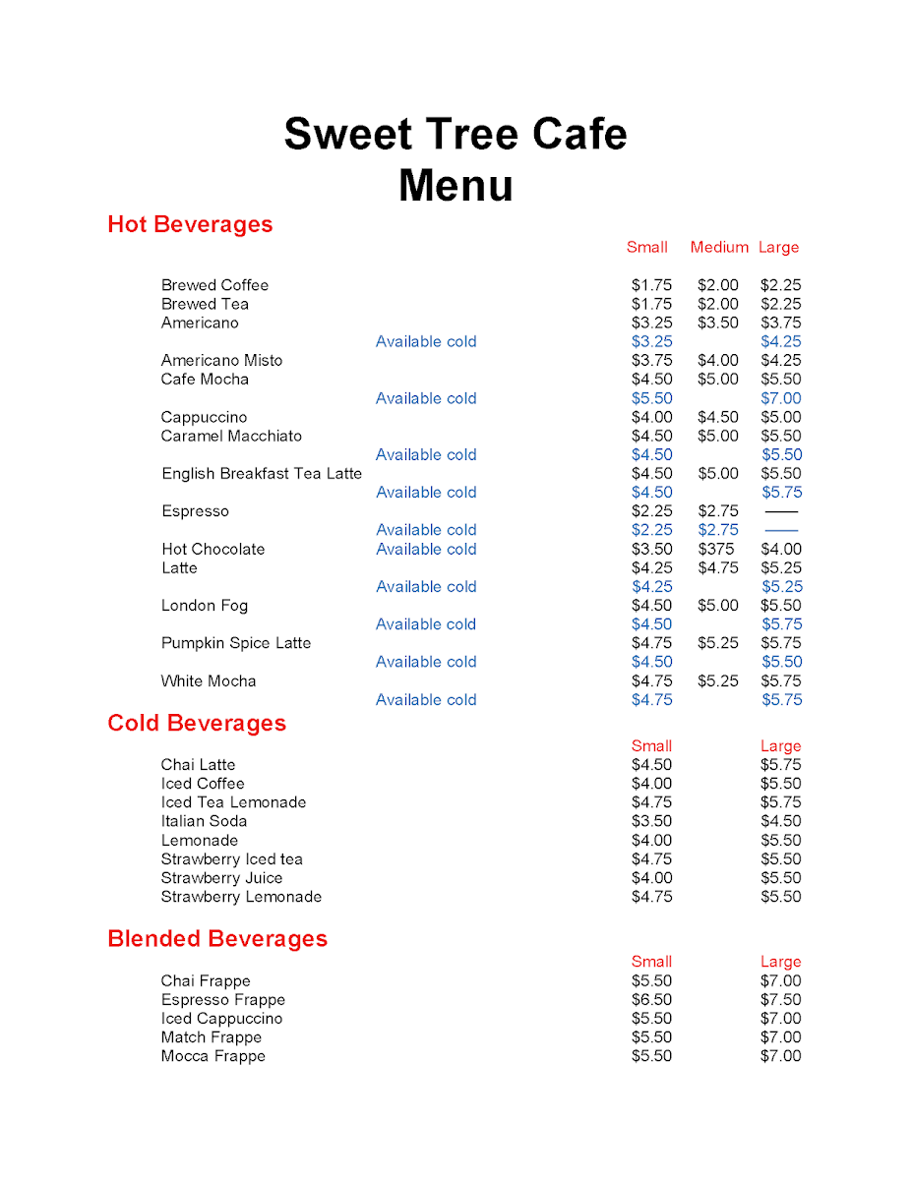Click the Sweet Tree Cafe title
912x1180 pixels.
coord(455,134)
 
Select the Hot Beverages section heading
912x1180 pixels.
coord(190,224)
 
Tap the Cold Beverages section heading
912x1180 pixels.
coord(197,723)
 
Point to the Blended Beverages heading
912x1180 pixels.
coord(217,938)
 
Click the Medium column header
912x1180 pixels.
coord(719,247)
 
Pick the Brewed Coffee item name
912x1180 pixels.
coord(214,285)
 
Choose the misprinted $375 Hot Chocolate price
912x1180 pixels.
coord(716,549)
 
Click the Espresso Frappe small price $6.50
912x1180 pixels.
coord(651,999)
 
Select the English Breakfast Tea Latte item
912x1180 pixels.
coord(262,473)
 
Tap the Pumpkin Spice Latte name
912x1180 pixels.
coord(236,643)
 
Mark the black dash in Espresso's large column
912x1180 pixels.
coord(781,511)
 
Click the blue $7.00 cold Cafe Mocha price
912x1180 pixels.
coord(781,398)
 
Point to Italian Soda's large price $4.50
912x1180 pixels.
coord(781,821)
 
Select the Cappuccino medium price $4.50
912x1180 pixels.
coord(717,417)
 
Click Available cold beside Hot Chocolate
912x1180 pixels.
coord(426,549)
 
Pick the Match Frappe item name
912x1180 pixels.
coord(212,1037)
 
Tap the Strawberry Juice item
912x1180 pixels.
coord(221,878)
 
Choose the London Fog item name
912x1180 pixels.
coord(205,606)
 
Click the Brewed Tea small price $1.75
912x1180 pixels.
coord(651,304)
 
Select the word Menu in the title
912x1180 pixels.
coord(456,186)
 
